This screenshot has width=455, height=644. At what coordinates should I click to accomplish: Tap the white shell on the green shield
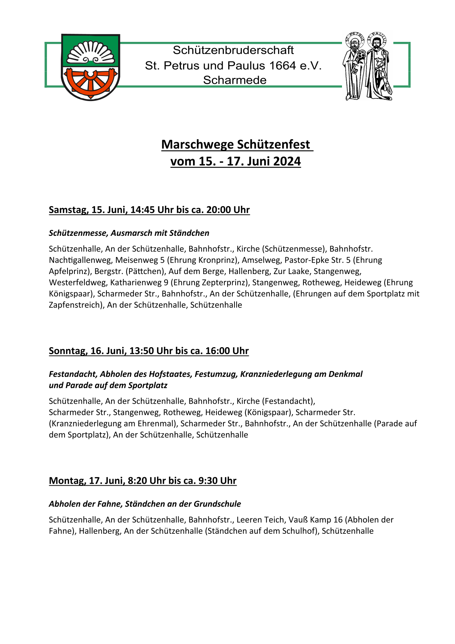pos(90,53)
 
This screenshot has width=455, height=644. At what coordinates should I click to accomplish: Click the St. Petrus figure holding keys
pos(354,68)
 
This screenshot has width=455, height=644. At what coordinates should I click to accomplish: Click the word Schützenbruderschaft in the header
pos(233,50)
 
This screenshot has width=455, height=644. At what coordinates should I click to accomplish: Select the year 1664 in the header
pos(282,65)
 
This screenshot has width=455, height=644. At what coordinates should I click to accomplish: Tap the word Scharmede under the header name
pos(235,80)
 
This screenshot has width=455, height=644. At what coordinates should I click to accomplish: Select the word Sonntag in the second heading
pos(68,351)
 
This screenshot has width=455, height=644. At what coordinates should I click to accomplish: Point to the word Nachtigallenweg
pos(80,260)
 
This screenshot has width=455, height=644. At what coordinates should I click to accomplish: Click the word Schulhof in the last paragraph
pos(301,531)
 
